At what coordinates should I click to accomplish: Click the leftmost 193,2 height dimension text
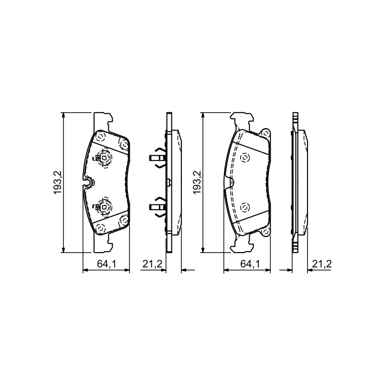[58, 182]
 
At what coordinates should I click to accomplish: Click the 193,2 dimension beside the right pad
[197, 182]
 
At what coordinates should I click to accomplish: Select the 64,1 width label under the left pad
[106, 264]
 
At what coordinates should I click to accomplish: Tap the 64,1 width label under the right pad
[250, 264]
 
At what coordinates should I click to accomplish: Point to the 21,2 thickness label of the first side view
[152, 264]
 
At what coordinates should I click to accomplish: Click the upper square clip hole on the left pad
[104, 158]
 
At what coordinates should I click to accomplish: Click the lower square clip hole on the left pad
[104, 207]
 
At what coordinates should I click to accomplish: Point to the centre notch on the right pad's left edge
[230, 182]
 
